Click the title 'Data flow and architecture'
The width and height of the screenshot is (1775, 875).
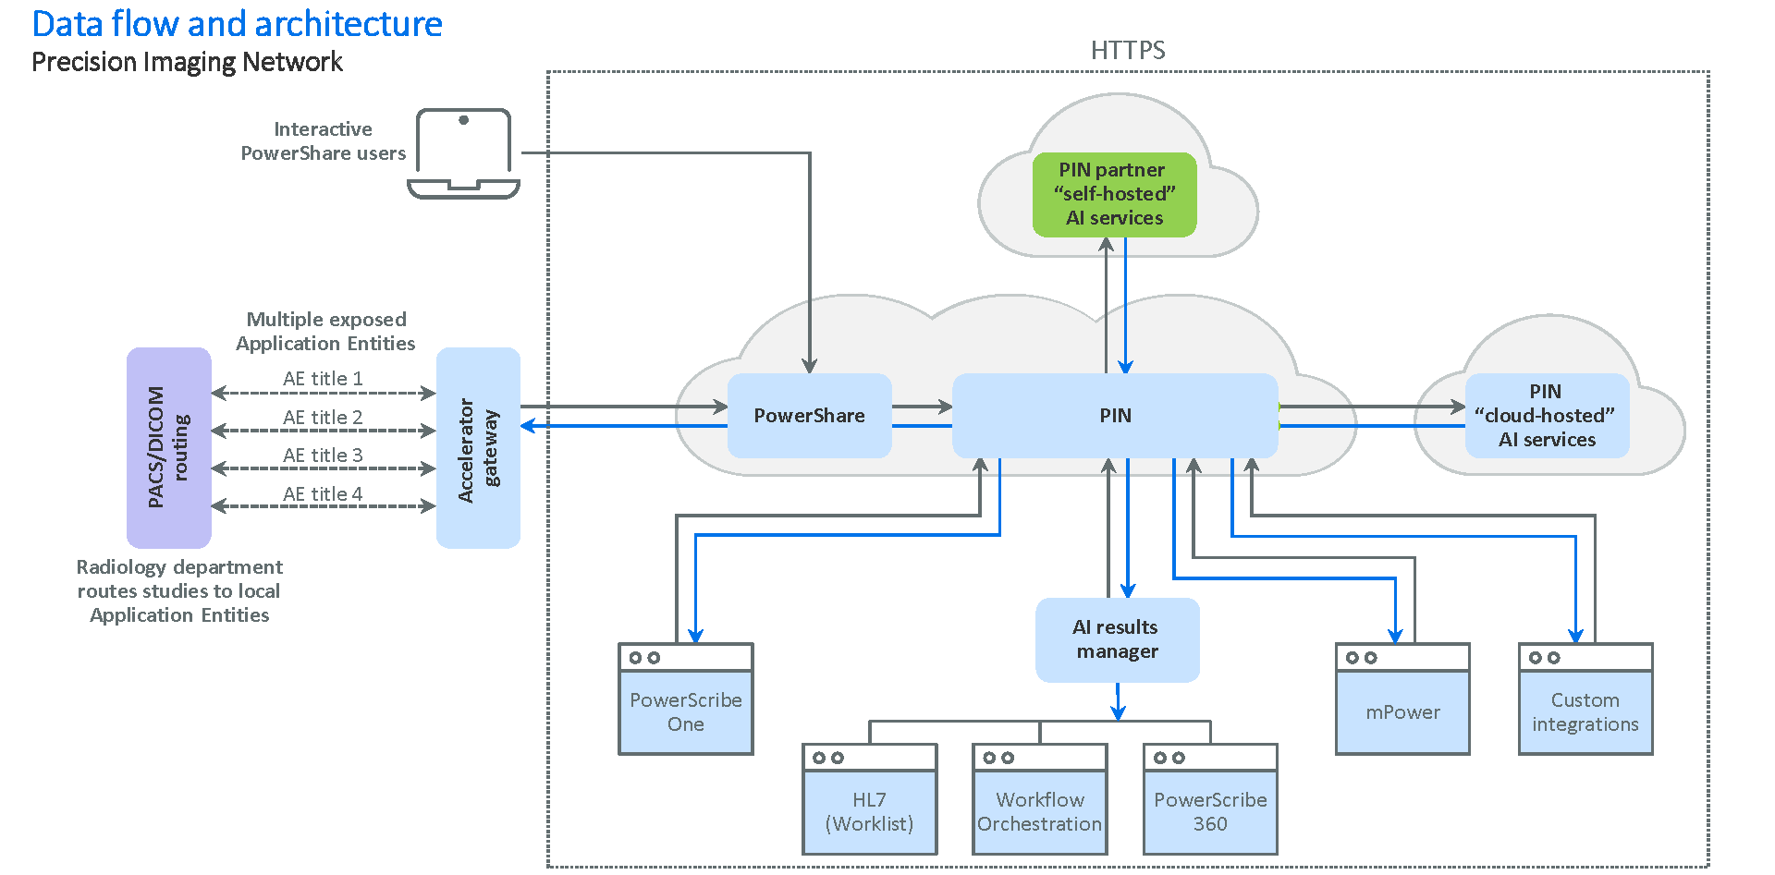coord(237,24)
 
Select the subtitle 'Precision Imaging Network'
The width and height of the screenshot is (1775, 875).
coord(187,62)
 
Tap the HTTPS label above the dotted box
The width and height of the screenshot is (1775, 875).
coord(1127,50)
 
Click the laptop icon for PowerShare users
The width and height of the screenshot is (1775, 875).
coord(463,153)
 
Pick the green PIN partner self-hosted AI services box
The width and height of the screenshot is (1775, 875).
coord(1114,194)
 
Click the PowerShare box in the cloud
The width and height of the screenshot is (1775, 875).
coord(809,416)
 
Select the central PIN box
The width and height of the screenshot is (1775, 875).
coord(1115,416)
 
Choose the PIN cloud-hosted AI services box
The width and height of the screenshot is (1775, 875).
coord(1547,416)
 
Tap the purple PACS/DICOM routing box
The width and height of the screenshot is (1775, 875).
coord(168,447)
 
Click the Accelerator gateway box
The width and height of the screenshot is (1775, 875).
coord(478,448)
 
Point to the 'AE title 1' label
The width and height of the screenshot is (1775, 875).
coord(323,379)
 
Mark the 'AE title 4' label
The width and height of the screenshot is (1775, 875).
coord(323,494)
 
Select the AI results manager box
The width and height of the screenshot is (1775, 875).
coord(1117,639)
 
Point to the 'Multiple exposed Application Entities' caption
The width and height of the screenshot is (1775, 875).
coord(325,332)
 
